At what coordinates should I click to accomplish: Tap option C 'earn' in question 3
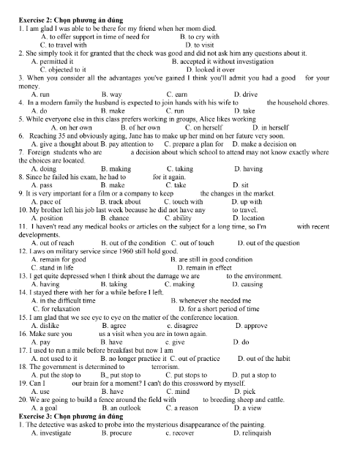pyautogui.click(x=173, y=95)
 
